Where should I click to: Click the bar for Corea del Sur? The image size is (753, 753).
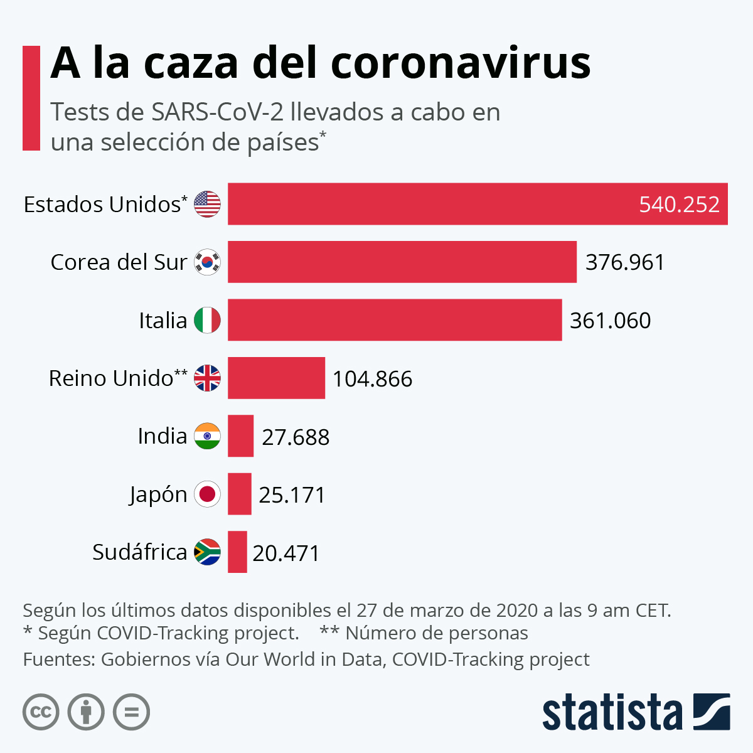tap(402, 262)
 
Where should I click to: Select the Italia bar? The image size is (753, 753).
tap(394, 320)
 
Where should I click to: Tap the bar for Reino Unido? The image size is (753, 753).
tap(276, 378)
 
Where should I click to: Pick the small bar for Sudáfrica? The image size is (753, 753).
tap(237, 552)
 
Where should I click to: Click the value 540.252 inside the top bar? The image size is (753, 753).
tap(679, 205)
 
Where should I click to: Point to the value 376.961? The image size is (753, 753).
tap(624, 262)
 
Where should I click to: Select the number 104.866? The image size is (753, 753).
tap(372, 379)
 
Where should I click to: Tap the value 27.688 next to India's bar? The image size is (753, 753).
tap(296, 437)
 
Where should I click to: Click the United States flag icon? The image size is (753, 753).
tap(207, 205)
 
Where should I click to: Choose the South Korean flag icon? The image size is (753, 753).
tap(207, 262)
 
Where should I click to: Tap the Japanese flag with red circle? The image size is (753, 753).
tap(207, 494)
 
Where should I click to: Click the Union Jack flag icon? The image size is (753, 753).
tap(207, 378)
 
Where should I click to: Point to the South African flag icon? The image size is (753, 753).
tap(207, 552)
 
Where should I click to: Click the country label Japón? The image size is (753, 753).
tap(158, 495)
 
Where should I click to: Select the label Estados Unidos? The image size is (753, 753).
tap(102, 205)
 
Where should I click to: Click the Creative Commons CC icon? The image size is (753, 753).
tap(41, 712)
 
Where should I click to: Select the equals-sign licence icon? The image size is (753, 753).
tap(131, 712)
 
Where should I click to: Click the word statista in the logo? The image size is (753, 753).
tap(612, 713)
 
